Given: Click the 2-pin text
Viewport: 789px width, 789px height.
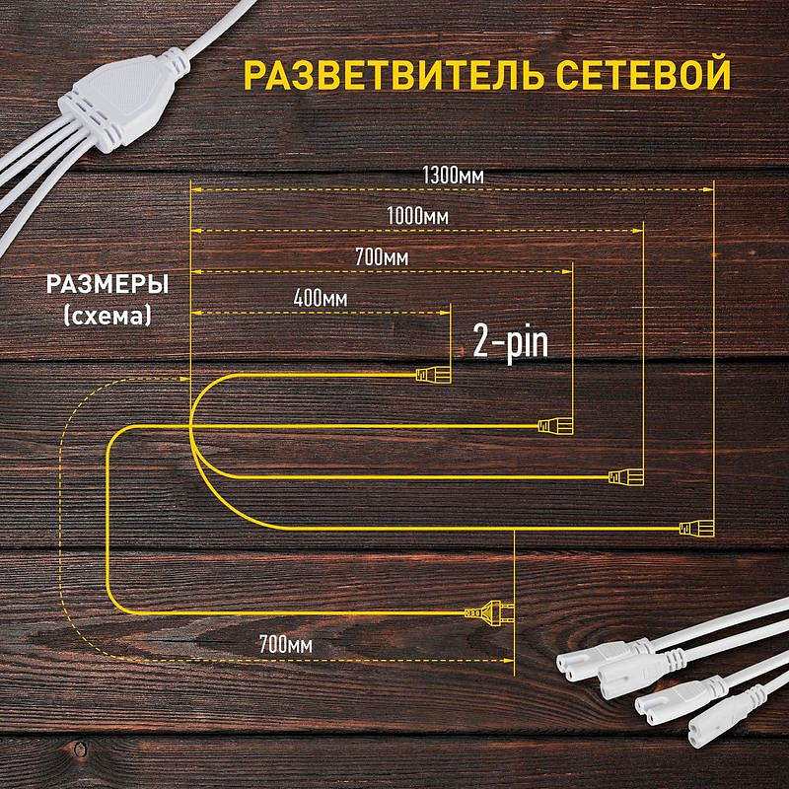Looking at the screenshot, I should [510, 341].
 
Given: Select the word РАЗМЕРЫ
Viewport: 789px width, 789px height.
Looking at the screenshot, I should [108, 284].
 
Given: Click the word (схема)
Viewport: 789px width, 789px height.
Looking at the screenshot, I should [107, 316].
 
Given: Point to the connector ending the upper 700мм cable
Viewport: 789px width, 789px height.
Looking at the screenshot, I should [553, 426].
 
